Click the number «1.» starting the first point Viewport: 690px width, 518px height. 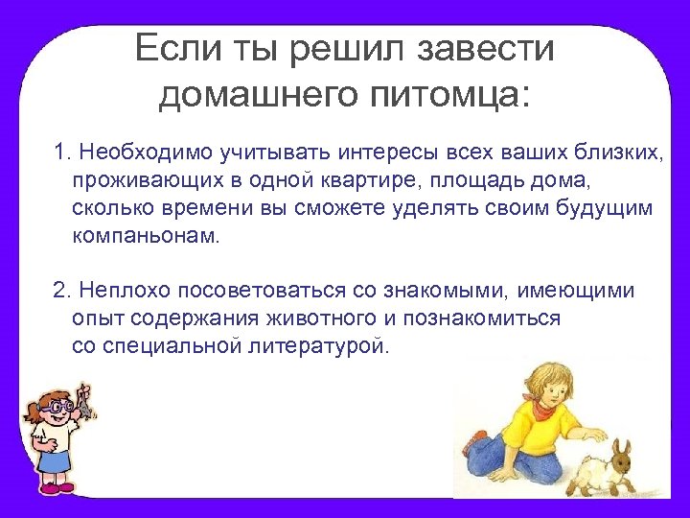62,153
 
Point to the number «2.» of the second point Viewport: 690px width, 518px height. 62,291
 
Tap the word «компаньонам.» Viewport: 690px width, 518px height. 145,236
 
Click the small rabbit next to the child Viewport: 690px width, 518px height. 609,467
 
